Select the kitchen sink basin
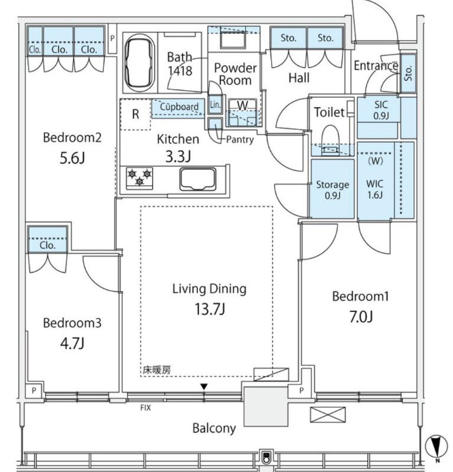click(198, 179)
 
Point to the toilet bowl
click(330, 140)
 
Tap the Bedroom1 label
click(360, 296)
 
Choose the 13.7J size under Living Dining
click(210, 309)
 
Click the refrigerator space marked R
click(135, 114)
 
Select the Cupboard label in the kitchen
click(179, 107)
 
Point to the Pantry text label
click(240, 139)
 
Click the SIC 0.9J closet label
click(381, 110)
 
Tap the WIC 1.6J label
click(375, 189)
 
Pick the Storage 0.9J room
click(333, 189)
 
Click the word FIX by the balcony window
click(145, 408)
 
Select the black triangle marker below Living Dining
click(204, 386)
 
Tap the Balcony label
click(214, 428)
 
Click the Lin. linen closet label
click(215, 104)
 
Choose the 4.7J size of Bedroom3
click(72, 343)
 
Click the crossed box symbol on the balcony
click(328, 414)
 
